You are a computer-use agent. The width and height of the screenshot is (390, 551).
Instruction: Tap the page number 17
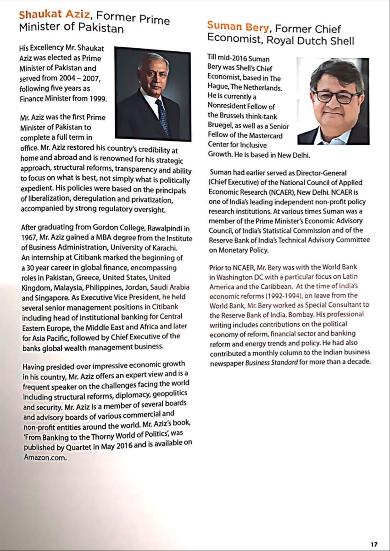point(374,544)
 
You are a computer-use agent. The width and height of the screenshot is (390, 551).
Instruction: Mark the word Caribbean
point(271,286)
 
